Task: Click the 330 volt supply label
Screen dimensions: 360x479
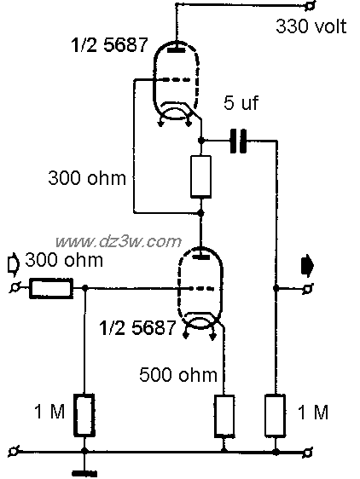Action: click(x=311, y=26)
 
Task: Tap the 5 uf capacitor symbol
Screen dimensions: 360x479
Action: click(x=238, y=141)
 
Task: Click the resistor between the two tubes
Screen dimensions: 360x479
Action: click(x=200, y=177)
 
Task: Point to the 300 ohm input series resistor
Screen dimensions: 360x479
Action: click(x=51, y=288)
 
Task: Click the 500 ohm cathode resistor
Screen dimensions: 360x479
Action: click(x=224, y=415)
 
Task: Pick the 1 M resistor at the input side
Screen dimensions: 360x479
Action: click(x=84, y=415)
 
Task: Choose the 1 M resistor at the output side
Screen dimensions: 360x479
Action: click(x=276, y=415)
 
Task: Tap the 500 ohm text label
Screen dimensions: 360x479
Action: click(x=178, y=374)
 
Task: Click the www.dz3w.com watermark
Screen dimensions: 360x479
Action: click(x=119, y=242)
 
